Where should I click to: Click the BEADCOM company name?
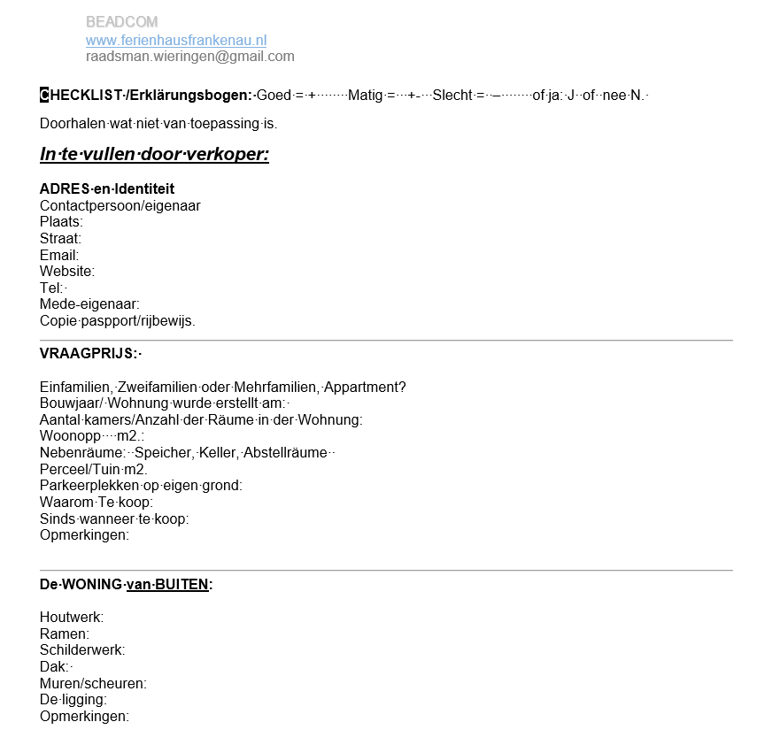pos(121,21)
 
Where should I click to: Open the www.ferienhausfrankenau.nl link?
pos(176,40)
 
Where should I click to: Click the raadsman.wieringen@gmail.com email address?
pos(189,57)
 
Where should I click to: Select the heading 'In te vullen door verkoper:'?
pos(154,154)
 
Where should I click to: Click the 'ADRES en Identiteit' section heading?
pos(107,188)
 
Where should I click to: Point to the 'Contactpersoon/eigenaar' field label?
pos(120,205)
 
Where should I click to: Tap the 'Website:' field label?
pos(67,272)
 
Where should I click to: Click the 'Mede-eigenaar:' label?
pos(89,304)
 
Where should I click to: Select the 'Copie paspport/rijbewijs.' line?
pos(118,321)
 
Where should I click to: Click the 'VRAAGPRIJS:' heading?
pos(89,353)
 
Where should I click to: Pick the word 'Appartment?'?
pos(365,387)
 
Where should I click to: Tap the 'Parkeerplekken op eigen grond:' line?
pos(141,486)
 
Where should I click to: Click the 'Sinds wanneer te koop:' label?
pos(114,518)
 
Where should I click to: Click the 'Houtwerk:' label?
pos(72,617)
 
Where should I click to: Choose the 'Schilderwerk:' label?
pos(82,650)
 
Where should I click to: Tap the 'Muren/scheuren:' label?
pos(93,683)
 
